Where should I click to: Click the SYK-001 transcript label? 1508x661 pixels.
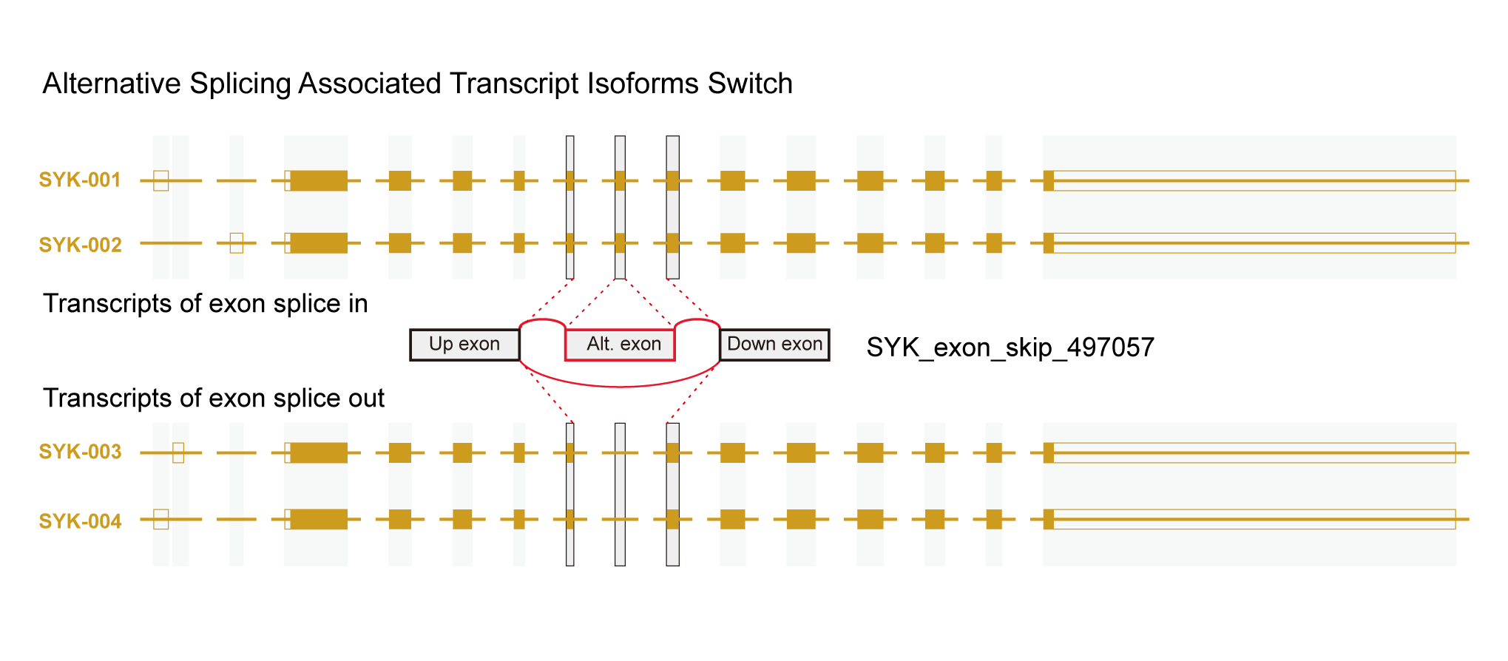tap(80, 180)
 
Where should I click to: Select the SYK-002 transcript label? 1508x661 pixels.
tap(80, 245)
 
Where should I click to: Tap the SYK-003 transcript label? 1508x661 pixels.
tap(80, 452)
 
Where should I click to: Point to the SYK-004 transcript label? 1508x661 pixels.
tap(80, 521)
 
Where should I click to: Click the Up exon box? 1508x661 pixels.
tap(464, 345)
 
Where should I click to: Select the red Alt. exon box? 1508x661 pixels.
tap(620, 345)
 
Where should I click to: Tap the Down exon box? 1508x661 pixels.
tap(774, 345)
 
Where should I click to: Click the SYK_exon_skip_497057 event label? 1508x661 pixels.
tap(1010, 348)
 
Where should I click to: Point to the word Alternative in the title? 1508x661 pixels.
tap(112, 84)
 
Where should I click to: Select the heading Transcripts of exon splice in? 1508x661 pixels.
tap(205, 304)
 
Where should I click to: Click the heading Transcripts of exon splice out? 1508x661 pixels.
tap(214, 399)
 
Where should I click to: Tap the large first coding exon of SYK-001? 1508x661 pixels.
tap(319, 180)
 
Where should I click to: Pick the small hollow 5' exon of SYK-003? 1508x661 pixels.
tap(178, 452)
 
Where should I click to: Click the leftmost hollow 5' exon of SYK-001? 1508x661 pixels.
tap(161, 180)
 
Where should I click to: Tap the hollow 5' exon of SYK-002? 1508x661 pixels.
tap(237, 243)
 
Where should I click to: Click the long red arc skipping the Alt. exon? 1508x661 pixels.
tap(620, 386)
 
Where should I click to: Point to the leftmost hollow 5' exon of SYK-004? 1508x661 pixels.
tap(161, 519)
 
